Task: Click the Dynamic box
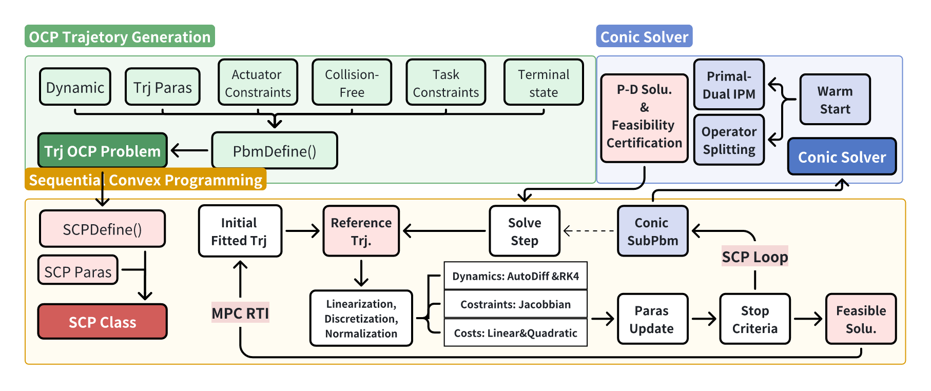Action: coord(75,87)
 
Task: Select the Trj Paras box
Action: coord(163,87)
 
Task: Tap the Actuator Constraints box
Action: coord(258,83)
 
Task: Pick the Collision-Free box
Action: coord(352,83)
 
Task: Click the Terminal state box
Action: coord(544,83)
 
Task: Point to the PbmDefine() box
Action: coord(275,151)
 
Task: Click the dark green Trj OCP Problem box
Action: coord(103,150)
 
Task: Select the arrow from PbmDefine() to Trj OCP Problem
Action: coord(189,150)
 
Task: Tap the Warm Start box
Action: coord(835,100)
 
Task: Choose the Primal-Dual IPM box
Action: coord(729,85)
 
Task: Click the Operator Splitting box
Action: coord(729,140)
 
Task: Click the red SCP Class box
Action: coord(103,322)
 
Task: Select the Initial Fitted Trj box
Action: coord(240,231)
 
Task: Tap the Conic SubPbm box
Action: coord(652,231)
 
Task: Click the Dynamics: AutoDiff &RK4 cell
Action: coord(515,276)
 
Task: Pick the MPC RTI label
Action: coord(240,313)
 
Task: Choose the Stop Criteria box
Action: coord(754,319)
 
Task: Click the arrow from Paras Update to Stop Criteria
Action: coord(704,319)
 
